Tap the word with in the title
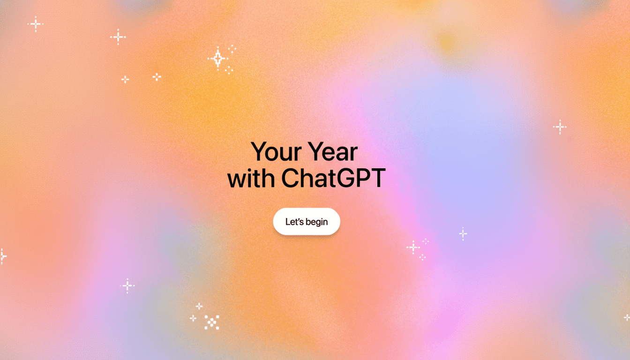click(x=251, y=179)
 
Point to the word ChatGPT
click(x=333, y=179)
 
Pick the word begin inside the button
click(x=317, y=222)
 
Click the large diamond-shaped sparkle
click(x=217, y=59)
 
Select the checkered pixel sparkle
click(x=212, y=322)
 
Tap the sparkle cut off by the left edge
click(x=2, y=256)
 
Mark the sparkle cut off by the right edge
click(x=627, y=317)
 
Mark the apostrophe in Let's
click(x=298, y=219)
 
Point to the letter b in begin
click(x=308, y=222)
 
